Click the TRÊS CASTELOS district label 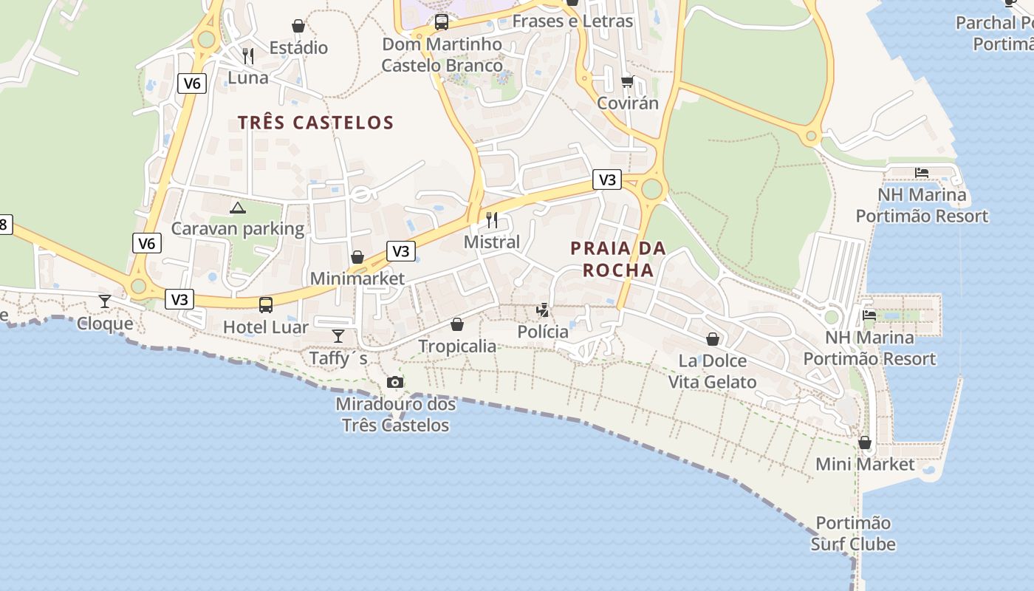(315, 123)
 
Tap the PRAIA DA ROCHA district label (618, 259)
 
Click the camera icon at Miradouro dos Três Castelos (395, 382)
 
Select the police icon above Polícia (543, 310)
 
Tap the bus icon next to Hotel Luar (265, 304)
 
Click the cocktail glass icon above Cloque (105, 301)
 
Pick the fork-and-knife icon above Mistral (492, 219)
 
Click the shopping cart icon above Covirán (627, 81)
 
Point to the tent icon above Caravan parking (237, 208)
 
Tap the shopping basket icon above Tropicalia (457, 324)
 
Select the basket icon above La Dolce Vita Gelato (713, 339)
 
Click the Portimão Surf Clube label (853, 533)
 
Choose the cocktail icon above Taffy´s (338, 336)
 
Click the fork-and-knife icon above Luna (248, 55)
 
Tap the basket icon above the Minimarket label (357, 257)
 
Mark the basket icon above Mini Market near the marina (865, 443)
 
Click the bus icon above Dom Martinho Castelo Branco (442, 22)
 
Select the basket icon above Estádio (298, 26)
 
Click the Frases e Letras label (572, 21)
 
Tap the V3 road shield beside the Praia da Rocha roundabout (607, 180)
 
